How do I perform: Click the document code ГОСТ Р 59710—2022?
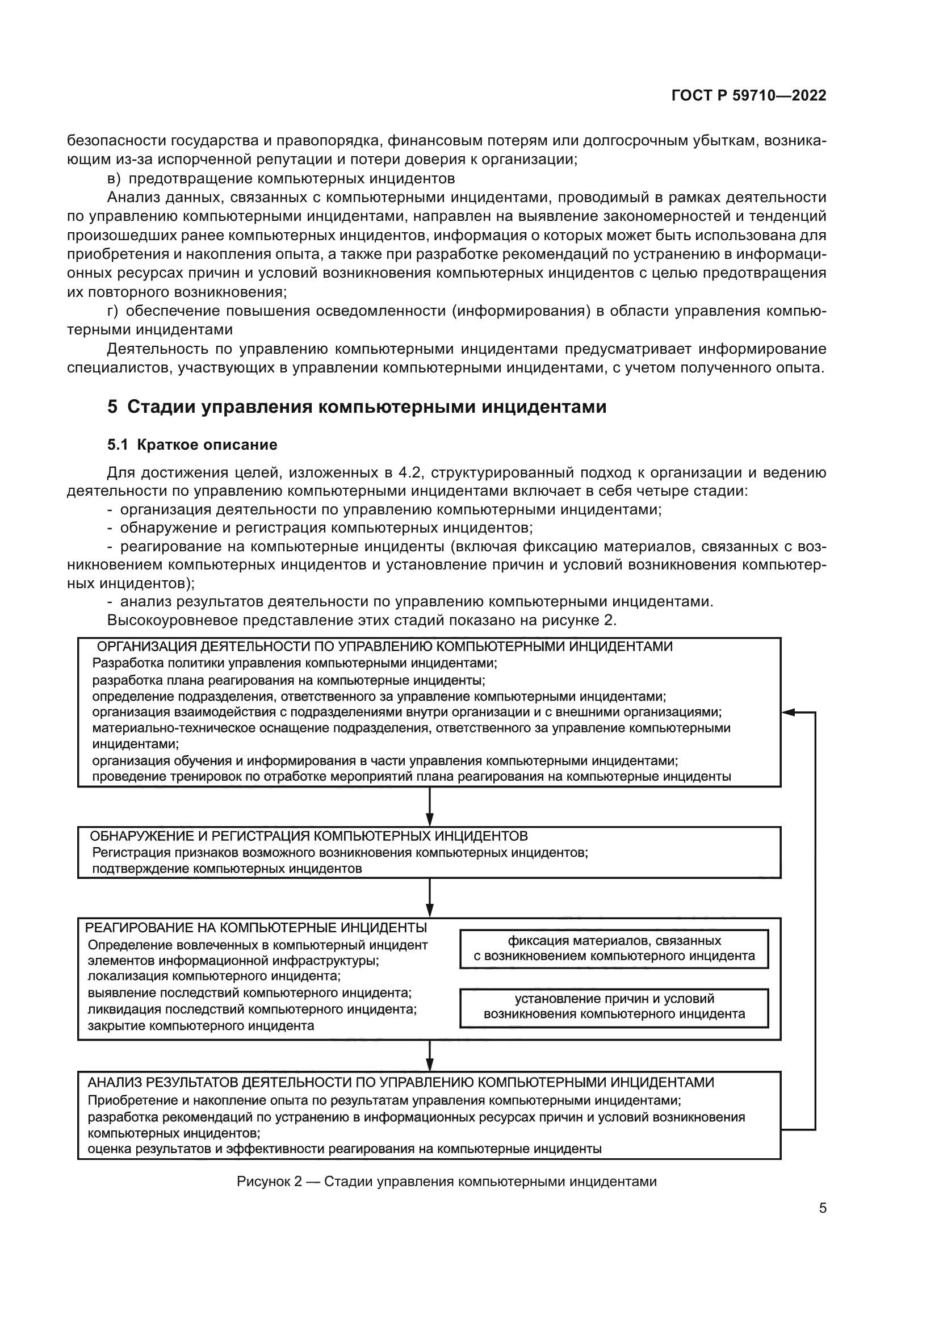tap(749, 96)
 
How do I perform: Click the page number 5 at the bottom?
tap(822, 1208)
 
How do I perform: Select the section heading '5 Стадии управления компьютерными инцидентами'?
tap(357, 407)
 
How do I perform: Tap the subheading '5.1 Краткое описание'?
tap(192, 444)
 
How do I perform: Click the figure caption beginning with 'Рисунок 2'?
tap(446, 1181)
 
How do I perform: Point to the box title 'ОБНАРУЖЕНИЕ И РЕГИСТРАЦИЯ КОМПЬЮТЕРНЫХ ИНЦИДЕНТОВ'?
tap(308, 836)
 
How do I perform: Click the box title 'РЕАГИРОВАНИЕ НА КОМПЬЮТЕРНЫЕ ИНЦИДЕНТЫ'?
tap(255, 928)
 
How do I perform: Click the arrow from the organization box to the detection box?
tap(430, 807)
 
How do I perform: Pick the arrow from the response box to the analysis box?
tap(430, 1056)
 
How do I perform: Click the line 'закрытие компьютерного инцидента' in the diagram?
tap(200, 1026)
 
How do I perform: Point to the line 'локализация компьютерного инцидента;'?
tap(214, 977)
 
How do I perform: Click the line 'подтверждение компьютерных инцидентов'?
tap(227, 868)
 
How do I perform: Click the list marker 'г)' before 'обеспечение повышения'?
tap(114, 311)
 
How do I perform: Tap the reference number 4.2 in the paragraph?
tap(410, 472)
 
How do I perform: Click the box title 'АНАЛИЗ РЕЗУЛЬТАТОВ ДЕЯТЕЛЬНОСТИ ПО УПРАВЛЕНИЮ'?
tap(400, 1082)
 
